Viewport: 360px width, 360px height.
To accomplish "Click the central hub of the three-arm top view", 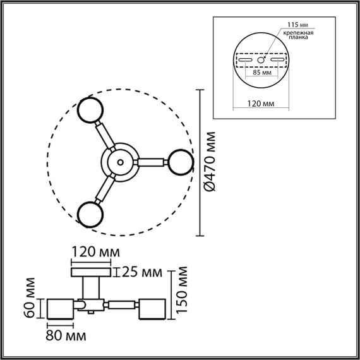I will click(118, 162).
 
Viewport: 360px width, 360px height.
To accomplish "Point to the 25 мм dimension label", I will click(142, 272).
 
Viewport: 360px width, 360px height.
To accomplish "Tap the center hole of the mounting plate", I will click(261, 59).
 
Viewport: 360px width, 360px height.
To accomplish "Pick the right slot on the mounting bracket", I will click(277, 59).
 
